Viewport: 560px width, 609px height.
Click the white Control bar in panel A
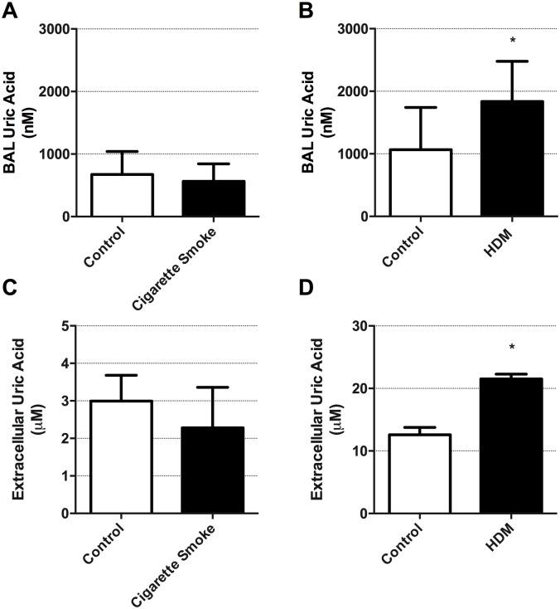[122, 196]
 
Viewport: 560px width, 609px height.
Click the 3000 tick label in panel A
[53, 29]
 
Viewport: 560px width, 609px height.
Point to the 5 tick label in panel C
[63, 326]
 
